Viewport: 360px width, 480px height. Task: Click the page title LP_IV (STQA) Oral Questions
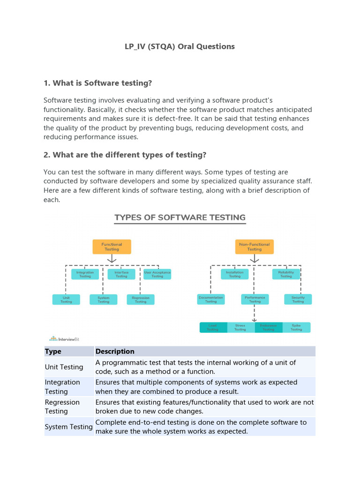click(x=180, y=46)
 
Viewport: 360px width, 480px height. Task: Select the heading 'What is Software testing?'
click(x=98, y=83)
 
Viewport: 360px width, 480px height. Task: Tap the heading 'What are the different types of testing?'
click(x=125, y=155)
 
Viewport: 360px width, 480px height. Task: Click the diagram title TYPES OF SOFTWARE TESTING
click(x=180, y=217)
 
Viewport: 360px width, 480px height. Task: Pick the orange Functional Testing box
click(x=112, y=247)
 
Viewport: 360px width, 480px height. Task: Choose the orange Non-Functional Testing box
click(x=255, y=247)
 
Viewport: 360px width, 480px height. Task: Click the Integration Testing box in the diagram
click(x=85, y=274)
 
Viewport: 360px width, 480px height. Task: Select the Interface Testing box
click(x=121, y=274)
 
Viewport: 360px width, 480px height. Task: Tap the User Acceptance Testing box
click(x=157, y=274)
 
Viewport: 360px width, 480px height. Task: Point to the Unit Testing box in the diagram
click(x=66, y=300)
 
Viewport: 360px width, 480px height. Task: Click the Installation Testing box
click(x=235, y=274)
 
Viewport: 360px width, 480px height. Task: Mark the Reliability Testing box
click(x=286, y=274)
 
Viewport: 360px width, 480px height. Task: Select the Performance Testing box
click(x=255, y=300)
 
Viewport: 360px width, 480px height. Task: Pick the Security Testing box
click(x=298, y=300)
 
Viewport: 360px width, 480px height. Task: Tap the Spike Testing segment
click(x=296, y=327)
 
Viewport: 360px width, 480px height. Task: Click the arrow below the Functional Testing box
click(x=112, y=259)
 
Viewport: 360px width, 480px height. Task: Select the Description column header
click(x=115, y=352)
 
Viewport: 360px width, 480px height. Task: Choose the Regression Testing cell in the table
click(x=62, y=407)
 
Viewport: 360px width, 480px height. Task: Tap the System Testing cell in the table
click(x=68, y=427)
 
